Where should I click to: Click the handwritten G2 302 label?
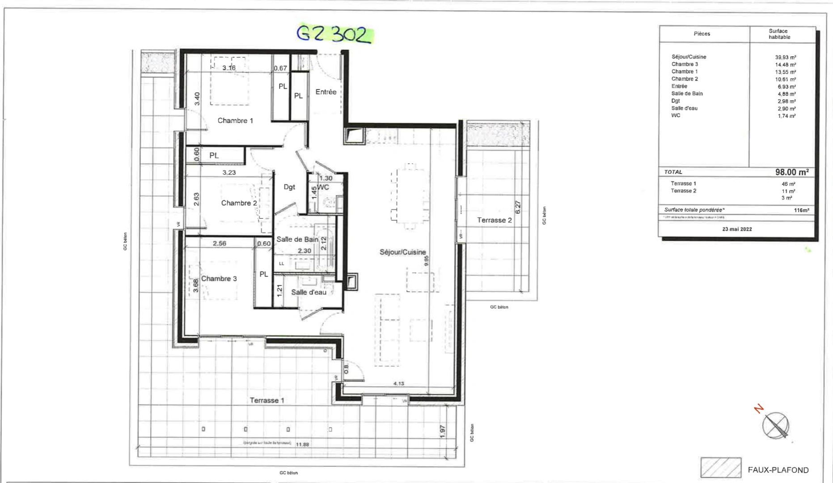(334, 34)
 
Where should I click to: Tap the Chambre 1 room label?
(235, 120)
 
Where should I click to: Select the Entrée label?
(326, 92)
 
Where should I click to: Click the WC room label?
(323, 187)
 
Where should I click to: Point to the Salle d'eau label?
(309, 292)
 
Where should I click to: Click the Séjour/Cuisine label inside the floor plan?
(402, 252)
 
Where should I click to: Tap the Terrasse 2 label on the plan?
(494, 220)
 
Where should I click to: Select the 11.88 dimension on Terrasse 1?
(302, 444)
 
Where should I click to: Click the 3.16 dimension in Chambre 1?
(229, 68)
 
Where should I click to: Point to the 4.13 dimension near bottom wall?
(398, 383)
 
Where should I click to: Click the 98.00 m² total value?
(791, 172)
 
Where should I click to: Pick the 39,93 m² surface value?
(785, 57)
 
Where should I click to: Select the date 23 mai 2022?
(737, 229)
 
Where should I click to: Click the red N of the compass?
(759, 409)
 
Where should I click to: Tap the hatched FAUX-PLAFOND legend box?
(720, 468)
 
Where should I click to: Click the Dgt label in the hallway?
(289, 187)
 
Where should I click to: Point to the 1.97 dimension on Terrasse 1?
(442, 431)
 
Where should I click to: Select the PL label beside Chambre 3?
(264, 274)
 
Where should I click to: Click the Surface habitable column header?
(779, 34)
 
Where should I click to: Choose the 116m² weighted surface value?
(801, 210)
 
